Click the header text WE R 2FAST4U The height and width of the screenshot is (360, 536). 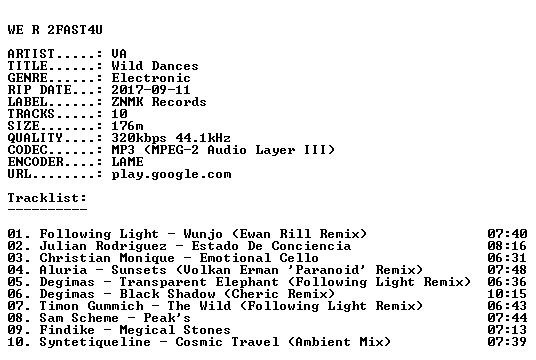(55, 30)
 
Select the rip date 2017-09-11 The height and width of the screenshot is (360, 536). (151, 90)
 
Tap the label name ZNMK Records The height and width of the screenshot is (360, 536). (159, 102)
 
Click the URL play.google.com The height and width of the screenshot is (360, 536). (171, 175)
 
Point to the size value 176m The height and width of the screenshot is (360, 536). (127, 126)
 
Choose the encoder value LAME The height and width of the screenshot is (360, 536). (127, 162)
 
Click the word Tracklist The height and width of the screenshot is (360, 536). (45, 198)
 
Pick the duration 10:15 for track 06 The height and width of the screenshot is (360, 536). (507, 294)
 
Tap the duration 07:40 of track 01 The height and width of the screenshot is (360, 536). (507, 234)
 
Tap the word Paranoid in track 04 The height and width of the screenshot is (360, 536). (327, 270)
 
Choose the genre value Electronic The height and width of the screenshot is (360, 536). (151, 78)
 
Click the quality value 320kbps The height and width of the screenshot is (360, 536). (139, 138)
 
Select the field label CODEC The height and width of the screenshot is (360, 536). (27, 150)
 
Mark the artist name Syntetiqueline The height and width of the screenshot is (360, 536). (95, 343)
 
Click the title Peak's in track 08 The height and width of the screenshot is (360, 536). (167, 318)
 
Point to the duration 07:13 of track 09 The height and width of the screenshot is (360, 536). (507, 330)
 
